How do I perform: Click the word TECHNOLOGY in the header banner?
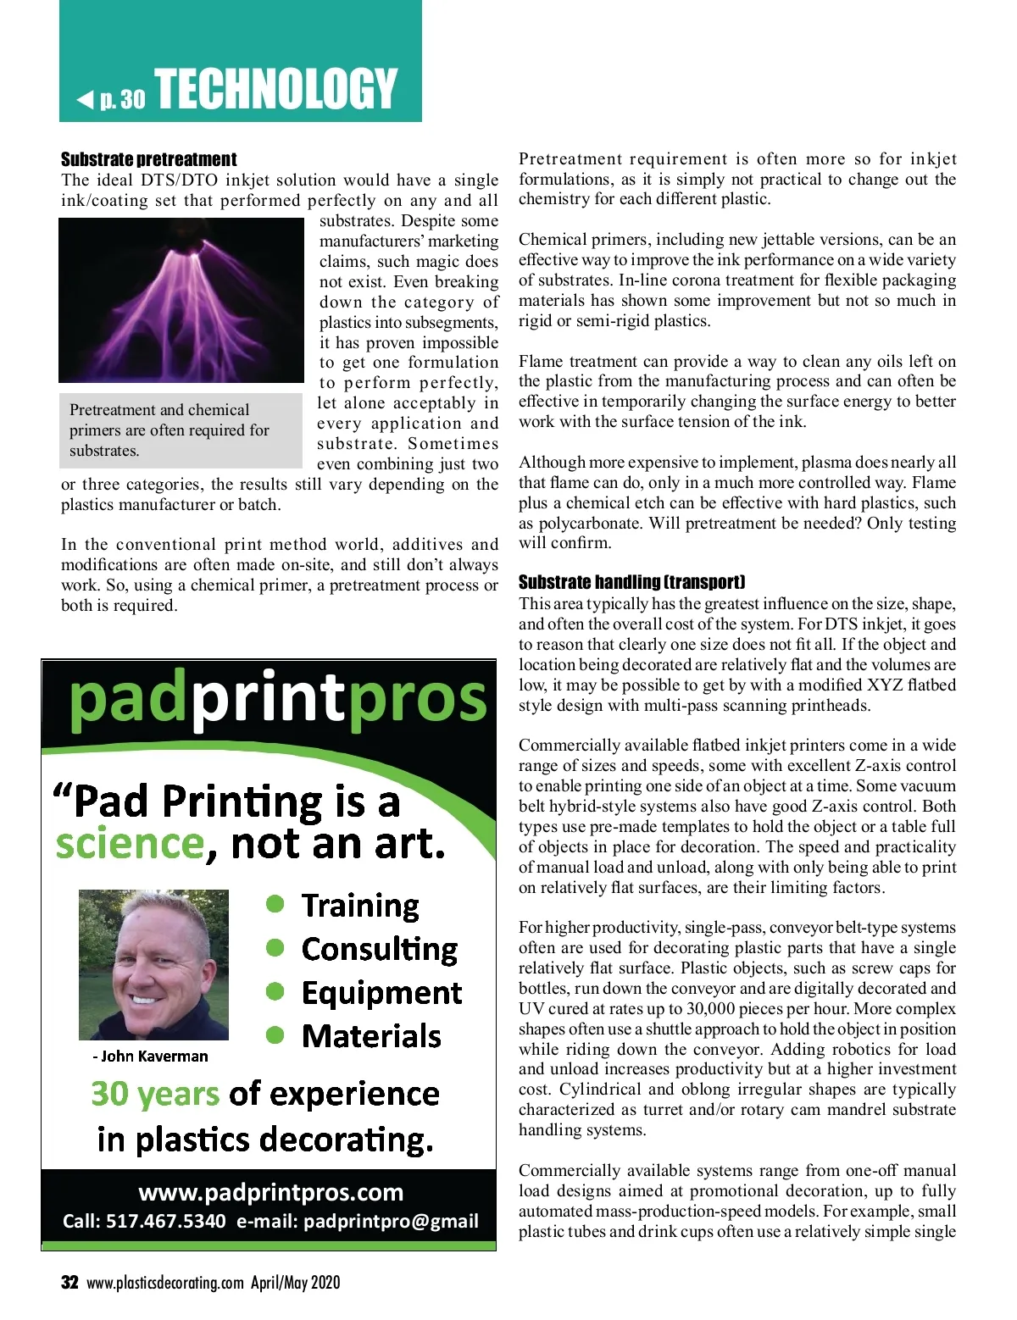tap(276, 89)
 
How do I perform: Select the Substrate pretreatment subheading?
tap(148, 159)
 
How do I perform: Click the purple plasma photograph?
tap(181, 300)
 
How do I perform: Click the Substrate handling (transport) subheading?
tap(631, 582)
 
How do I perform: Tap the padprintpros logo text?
tap(277, 698)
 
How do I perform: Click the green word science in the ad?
tap(130, 844)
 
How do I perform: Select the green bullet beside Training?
tap(275, 904)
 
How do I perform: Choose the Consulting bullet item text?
tap(379, 949)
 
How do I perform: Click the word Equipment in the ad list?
tap(381, 993)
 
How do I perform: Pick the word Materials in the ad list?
tap(371, 1036)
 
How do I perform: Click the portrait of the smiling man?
tap(153, 964)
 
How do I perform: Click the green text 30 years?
tap(154, 1094)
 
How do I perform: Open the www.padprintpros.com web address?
tap(270, 1192)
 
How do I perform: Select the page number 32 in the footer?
tap(69, 1283)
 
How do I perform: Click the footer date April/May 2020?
tap(295, 1283)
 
